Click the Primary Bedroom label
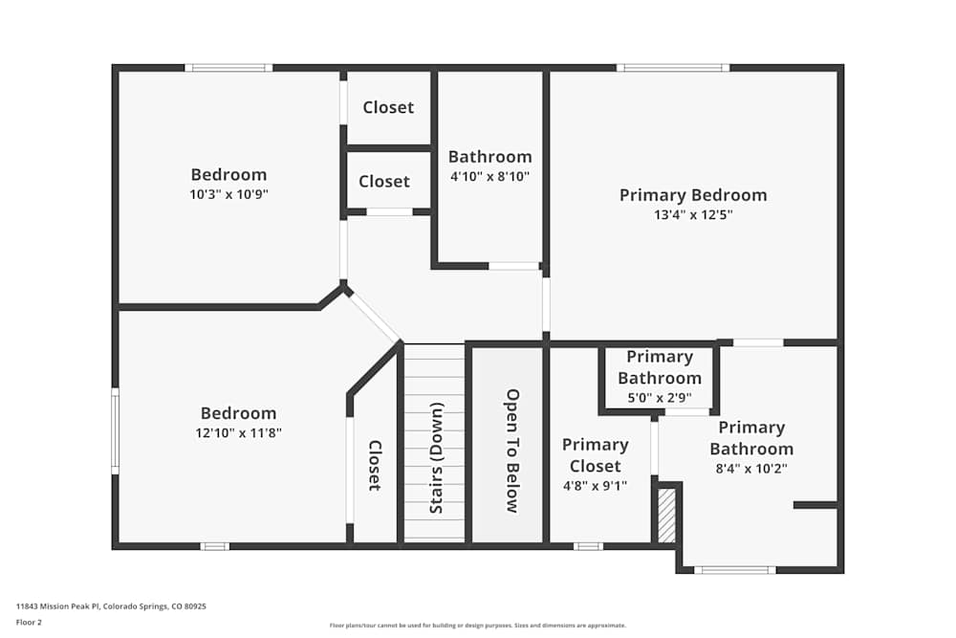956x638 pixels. pos(693,195)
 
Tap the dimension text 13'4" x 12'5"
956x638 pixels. pos(693,215)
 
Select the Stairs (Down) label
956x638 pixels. pos(436,457)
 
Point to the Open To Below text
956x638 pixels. pos(511,451)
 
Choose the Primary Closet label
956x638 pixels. pos(595,455)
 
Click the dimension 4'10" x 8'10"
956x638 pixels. pos(489,177)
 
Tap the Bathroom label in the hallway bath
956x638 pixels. pos(489,157)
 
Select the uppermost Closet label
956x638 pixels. pos(388,107)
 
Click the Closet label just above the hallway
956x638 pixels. pos(384,181)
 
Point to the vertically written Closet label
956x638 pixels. pos(375,466)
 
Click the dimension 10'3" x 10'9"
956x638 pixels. pos(228,194)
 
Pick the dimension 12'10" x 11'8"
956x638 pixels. pos(238,433)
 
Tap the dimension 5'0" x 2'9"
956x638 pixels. pos(659,398)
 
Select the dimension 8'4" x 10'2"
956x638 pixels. pos(750,469)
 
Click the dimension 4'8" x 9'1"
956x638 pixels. pos(595,486)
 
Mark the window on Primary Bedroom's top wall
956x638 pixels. pos(673,68)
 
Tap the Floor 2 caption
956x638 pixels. pos(29,622)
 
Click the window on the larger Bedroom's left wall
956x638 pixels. pos(115,430)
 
